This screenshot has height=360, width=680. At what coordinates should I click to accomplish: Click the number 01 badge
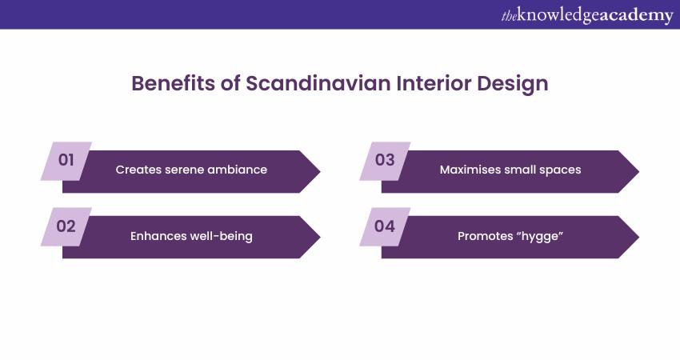click(x=66, y=161)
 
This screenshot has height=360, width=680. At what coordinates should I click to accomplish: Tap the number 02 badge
click(x=66, y=226)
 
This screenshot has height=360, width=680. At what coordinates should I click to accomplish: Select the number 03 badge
click(x=385, y=161)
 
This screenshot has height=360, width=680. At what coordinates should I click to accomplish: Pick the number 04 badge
click(x=385, y=226)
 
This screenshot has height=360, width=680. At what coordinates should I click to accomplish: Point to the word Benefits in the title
click(x=173, y=83)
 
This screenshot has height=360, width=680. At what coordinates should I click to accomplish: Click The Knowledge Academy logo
click(x=587, y=16)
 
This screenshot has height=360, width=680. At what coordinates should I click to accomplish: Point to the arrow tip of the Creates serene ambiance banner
click(x=320, y=172)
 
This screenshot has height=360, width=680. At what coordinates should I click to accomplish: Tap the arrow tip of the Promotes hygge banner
click(x=639, y=238)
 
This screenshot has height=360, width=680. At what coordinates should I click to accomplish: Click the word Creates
click(x=138, y=170)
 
